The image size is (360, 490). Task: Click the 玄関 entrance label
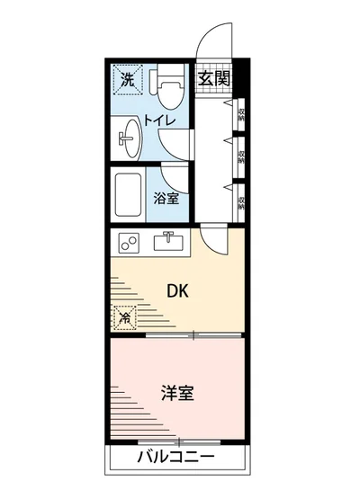pyautogui.click(x=214, y=78)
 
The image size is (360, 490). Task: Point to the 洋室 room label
pyautogui.click(x=178, y=394)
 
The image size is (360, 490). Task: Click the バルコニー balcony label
pyautogui.click(x=177, y=457)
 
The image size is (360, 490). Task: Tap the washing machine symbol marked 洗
pyautogui.click(x=129, y=79)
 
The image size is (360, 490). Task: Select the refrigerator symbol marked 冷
pyautogui.click(x=125, y=316)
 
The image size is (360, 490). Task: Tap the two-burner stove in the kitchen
pyautogui.click(x=129, y=242)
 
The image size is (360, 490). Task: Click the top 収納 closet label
pyautogui.click(x=242, y=113)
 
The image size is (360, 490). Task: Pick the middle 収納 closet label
pyautogui.click(x=242, y=155)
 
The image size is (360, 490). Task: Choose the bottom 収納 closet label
pyautogui.click(x=242, y=199)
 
